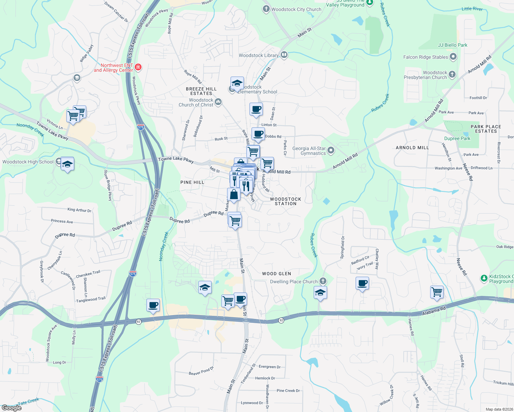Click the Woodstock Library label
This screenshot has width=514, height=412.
[259, 55]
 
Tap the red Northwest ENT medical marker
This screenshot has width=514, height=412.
[138, 67]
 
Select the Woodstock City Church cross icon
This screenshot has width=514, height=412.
[266, 9]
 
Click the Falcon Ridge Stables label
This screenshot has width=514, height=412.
[426, 57]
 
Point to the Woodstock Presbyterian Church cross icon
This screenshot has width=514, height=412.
[452, 74]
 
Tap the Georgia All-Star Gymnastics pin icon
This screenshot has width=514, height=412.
[331, 150]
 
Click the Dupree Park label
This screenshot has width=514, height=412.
[457, 138]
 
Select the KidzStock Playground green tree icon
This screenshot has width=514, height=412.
[484, 278]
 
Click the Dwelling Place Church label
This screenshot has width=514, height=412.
[294, 282]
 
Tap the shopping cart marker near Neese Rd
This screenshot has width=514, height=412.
[437, 292]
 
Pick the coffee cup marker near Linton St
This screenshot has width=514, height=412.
[256, 109]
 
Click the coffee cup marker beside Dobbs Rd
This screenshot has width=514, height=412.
[258, 134]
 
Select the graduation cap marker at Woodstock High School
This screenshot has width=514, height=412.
[67, 164]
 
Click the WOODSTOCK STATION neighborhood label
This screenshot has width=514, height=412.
[286, 201]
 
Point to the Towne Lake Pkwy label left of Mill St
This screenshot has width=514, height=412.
[176, 160]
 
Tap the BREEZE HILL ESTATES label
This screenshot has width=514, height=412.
[201, 91]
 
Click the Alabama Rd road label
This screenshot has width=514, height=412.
[434, 311]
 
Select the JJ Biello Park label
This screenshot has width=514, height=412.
[452, 45]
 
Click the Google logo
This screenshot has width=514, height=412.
[11, 408]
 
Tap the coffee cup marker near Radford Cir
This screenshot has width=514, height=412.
[362, 283]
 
